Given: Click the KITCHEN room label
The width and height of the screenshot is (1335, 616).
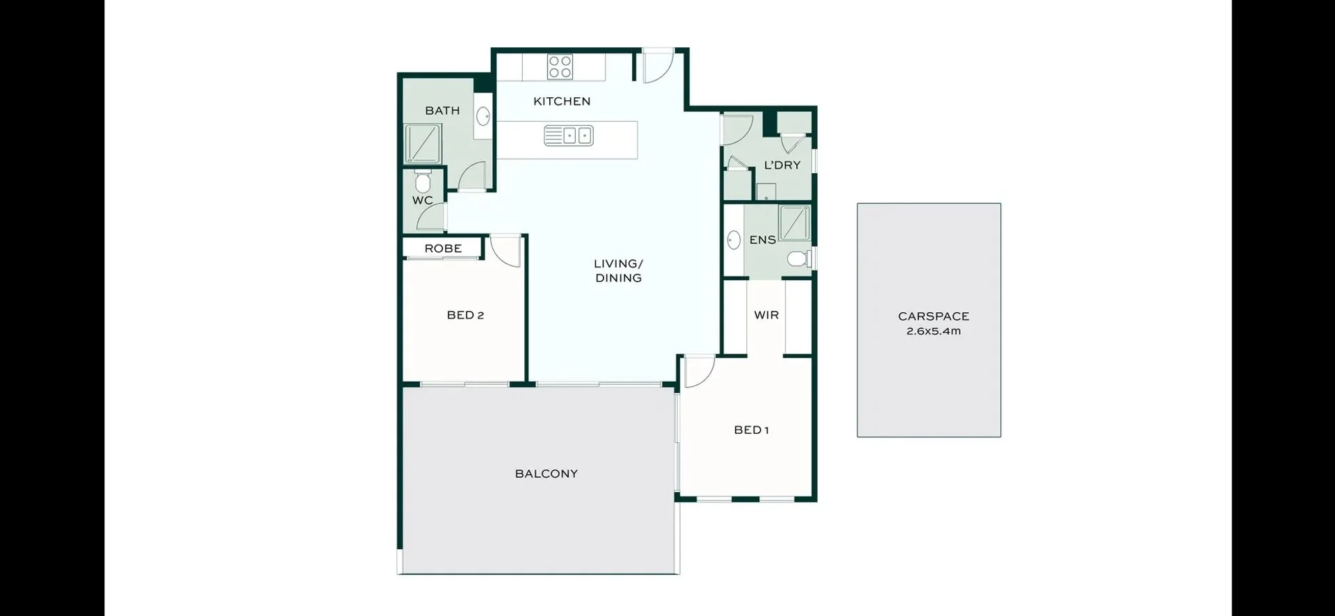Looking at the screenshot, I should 562,102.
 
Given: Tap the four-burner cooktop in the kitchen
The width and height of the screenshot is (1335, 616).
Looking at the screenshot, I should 560,67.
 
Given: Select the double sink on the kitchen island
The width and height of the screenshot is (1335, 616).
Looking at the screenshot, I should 568,136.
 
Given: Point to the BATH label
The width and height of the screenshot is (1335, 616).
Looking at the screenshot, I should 442,111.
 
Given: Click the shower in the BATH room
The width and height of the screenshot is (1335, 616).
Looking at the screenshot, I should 423,144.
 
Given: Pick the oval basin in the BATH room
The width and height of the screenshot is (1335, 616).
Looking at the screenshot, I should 483,117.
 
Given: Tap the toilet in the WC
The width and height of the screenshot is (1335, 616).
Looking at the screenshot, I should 422,183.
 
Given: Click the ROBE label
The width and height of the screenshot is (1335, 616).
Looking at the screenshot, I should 443,248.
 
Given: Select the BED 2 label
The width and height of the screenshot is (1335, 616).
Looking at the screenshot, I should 465,315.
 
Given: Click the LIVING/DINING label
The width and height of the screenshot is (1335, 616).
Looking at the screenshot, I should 618,270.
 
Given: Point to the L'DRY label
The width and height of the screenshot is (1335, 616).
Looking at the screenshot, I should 782,165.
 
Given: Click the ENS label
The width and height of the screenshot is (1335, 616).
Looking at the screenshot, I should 762,240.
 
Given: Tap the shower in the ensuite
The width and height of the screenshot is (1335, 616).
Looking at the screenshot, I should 794,222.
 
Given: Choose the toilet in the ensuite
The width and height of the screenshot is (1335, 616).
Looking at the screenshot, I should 799,259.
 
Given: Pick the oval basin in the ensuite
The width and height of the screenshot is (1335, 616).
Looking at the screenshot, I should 734,241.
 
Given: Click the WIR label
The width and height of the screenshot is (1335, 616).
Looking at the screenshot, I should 766,315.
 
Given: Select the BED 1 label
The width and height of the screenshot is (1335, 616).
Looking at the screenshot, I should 751,430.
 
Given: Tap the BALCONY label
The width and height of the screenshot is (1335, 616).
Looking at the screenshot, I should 546,473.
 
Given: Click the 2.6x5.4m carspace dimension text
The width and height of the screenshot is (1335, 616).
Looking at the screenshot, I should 933,332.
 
